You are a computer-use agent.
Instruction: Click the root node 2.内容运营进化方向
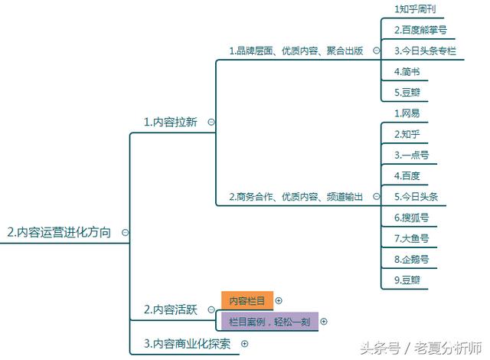point(59,232)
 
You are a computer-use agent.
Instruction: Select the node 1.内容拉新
point(170,122)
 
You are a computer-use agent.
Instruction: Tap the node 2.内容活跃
point(170,309)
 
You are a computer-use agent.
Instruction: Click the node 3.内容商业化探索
point(187,344)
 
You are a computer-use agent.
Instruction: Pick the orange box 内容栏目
point(247,300)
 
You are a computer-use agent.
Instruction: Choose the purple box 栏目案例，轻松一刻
point(269,321)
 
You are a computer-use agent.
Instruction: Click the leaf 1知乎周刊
point(415,9)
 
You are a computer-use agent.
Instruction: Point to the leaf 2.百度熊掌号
point(420,30)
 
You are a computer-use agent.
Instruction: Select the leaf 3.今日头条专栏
point(425,51)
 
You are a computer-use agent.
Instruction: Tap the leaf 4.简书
point(407,71)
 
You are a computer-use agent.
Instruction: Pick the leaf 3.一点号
point(411,155)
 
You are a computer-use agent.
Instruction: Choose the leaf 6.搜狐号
point(411,218)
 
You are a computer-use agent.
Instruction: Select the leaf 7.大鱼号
point(411,238)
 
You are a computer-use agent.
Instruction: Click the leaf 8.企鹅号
point(411,259)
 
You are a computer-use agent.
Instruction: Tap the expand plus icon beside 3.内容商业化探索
point(245,344)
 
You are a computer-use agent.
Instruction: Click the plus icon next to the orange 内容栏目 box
point(279,300)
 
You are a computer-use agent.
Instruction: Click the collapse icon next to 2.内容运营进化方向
point(125,233)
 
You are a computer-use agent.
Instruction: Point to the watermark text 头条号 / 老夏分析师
point(420,348)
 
